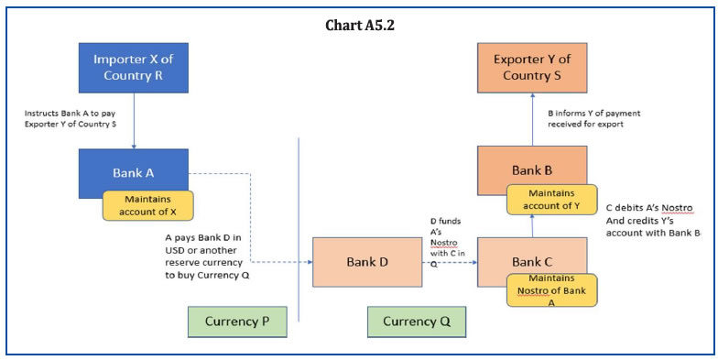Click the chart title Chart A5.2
[360, 25]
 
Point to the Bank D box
[367, 262]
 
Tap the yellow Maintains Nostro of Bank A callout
[550, 289]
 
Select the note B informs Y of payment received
[593, 118]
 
